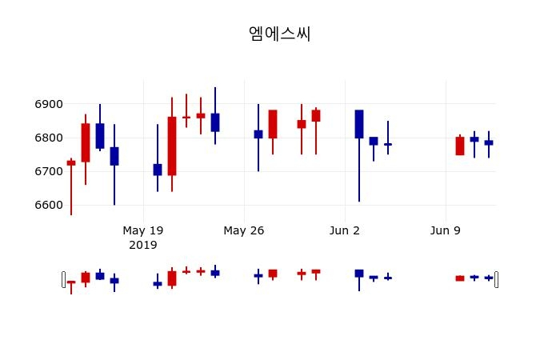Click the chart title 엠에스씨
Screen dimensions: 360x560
point(279,34)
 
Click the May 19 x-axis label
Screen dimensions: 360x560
point(143,230)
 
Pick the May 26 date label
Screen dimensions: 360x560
point(244,230)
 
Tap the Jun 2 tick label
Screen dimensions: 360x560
point(345,230)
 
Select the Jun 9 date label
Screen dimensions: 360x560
point(446,230)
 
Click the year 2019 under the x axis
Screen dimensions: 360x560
point(143,244)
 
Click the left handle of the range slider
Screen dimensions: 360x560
point(63,279)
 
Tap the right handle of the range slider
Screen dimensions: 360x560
point(497,279)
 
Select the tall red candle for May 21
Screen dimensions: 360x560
point(172,146)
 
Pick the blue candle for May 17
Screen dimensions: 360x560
point(114,156)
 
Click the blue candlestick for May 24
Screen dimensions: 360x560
point(215,122)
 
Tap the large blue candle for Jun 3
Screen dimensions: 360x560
point(359,124)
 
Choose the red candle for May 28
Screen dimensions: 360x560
point(273,124)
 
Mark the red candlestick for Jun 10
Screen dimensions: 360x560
point(460,146)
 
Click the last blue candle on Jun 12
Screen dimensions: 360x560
point(489,142)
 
